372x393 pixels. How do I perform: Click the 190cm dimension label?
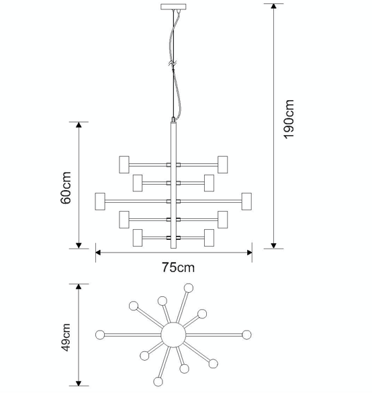[289, 119]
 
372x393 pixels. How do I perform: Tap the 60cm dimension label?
[66, 187]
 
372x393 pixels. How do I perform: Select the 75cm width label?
[178, 267]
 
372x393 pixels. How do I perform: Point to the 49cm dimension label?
[66, 337]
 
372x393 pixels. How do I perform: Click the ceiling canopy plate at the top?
[173, 7]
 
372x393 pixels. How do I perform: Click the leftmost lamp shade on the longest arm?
[100, 202]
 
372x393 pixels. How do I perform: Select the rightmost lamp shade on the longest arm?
[246, 202]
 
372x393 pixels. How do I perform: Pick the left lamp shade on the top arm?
[124, 165]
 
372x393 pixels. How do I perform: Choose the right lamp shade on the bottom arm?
[209, 238]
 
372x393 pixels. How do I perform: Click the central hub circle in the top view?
[173, 335]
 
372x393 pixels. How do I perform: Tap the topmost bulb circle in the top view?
[189, 288]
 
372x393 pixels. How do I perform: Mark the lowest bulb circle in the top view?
[158, 382]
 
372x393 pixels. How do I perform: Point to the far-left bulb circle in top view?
[100, 335]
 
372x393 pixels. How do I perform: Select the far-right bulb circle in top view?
[246, 335]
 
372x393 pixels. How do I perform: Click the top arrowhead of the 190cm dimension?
[273, 6]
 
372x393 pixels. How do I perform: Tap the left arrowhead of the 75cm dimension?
[98, 253]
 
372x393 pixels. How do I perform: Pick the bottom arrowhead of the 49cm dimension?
[79, 383]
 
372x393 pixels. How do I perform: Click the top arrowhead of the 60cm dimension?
[79, 125]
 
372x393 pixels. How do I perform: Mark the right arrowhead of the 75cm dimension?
[249, 253]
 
